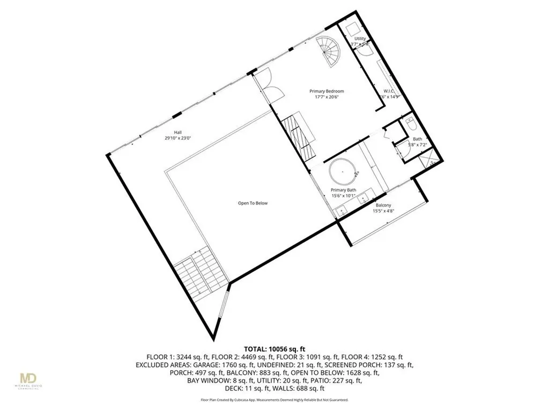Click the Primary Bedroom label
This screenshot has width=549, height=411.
[327, 92]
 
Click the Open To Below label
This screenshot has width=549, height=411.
[253, 203]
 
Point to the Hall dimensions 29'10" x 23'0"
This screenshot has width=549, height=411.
[178, 138]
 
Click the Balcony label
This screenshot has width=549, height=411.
[383, 205]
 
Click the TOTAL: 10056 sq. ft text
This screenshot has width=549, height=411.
[274, 348]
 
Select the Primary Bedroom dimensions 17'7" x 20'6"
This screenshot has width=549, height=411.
[327, 97]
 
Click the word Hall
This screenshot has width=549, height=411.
[177, 132]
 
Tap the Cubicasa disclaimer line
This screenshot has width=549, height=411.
[274, 400]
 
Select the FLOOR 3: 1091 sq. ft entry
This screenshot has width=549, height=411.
[316, 357]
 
